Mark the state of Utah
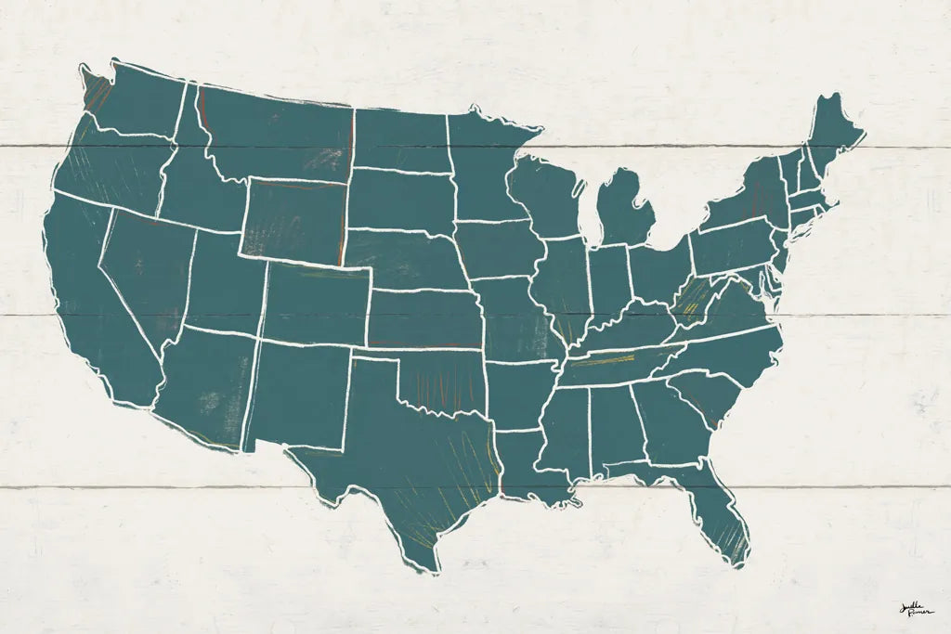223,283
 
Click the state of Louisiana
529,464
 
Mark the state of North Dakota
399,139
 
